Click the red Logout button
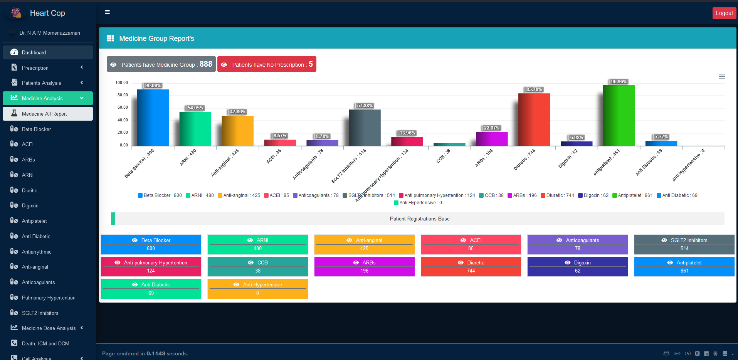tap(724, 13)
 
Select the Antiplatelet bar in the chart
tap(619, 116)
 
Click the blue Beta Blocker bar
tap(153, 118)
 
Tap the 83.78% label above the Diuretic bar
tap(534, 89)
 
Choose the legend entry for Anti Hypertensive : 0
tap(418, 203)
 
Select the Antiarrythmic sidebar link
tap(37, 252)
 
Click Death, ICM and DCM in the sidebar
tap(45, 343)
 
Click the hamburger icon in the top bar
tap(108, 12)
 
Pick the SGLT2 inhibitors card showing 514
tap(684, 244)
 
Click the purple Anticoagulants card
tap(577, 244)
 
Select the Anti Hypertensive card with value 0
tap(257, 289)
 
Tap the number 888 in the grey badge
tap(206, 64)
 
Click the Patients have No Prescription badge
tap(267, 64)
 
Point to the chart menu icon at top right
tap(722, 77)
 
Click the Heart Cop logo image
tap(16, 13)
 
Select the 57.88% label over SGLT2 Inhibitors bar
tap(365, 106)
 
